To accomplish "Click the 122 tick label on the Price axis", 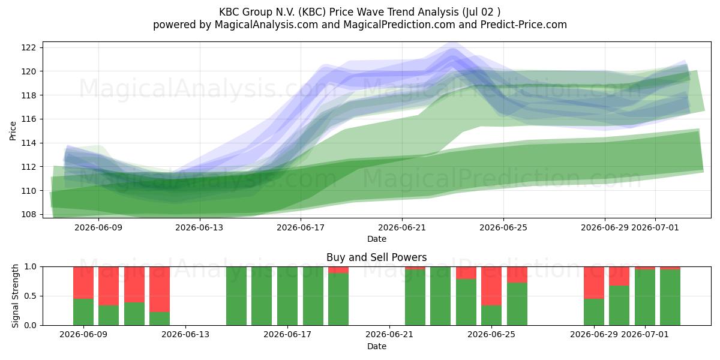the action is (x=28, y=47).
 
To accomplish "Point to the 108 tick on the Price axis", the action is (x=28, y=214).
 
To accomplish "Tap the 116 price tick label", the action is (x=28, y=119).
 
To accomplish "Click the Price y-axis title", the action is (x=13, y=131).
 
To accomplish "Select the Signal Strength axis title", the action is (x=15, y=296).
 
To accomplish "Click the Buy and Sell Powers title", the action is (x=376, y=257).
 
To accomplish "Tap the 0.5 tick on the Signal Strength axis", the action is (x=31, y=296).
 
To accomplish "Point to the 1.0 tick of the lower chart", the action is (x=31, y=267).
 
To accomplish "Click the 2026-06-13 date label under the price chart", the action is (x=199, y=227).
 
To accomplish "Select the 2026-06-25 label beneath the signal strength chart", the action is (x=491, y=334).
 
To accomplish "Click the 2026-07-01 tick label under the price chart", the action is (x=655, y=227).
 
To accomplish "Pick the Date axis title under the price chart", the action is (x=377, y=239).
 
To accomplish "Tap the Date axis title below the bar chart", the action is (x=377, y=346).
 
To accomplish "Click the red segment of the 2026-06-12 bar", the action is (x=160, y=289).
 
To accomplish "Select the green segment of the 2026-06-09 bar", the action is (x=83, y=312).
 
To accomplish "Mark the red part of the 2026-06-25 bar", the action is (x=491, y=286).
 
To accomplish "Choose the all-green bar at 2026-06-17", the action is (x=287, y=296).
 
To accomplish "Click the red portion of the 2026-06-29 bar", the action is (x=593, y=283).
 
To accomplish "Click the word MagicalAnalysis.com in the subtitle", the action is (x=266, y=25).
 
